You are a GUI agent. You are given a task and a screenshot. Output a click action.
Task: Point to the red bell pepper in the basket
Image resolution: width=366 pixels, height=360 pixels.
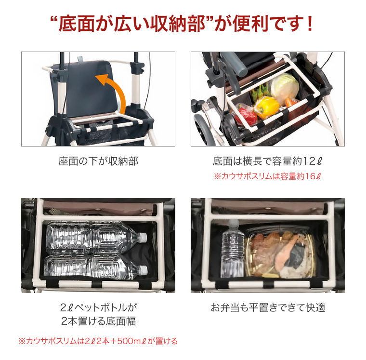coord(246,115)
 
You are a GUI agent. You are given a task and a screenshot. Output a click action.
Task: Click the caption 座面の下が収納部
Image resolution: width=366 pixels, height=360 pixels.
coord(98,161)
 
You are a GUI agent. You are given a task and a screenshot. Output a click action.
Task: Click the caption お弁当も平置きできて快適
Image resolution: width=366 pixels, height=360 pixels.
coord(267,307)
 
